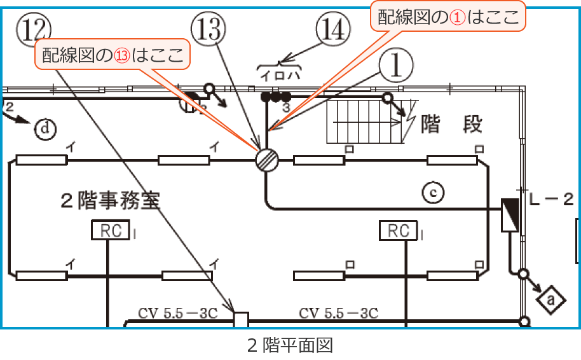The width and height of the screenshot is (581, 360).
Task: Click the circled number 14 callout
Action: pos(333,30)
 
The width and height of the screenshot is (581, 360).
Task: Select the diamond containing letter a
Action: pos(550,298)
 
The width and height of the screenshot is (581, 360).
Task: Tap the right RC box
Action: pos(399,231)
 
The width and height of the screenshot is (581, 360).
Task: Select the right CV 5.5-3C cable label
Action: pos(338,313)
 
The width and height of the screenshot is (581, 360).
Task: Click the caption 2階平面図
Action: pos(290,346)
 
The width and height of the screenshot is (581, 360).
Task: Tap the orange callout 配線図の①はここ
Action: pos(448,18)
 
